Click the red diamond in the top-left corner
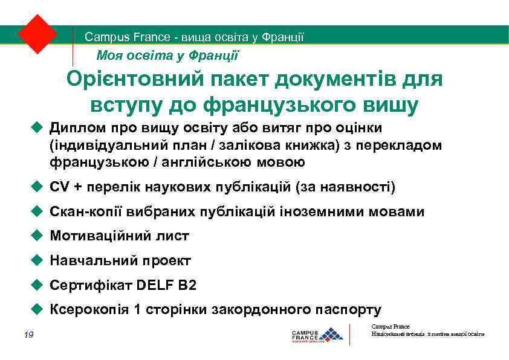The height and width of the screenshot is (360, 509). pos(37,34)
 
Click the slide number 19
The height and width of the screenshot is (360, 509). pos(29,335)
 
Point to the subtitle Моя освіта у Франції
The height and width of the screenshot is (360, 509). pos(167,56)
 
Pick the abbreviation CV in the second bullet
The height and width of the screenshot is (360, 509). pos(60,187)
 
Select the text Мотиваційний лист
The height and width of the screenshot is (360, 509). pos(120,236)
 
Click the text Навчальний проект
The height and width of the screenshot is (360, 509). pos(120,261)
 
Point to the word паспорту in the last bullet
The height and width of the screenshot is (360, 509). pos(349,310)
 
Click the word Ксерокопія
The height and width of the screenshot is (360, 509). pos(89,310)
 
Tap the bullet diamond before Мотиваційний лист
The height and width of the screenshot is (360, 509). pos(36,236)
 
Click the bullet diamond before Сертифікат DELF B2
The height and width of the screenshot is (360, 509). pos(36,285)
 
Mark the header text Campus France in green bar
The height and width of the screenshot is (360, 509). pos(127,37)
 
